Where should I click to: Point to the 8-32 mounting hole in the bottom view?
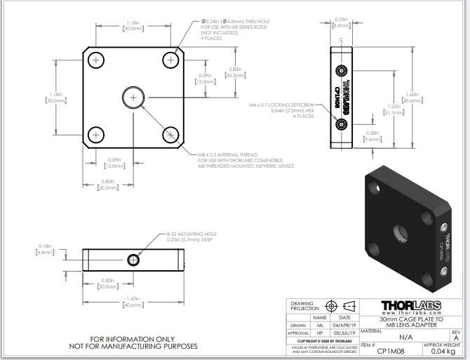pyautogui.click(x=133, y=260)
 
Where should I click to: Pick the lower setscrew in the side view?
pyautogui.click(x=342, y=124)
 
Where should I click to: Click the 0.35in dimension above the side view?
pyautogui.click(x=341, y=22)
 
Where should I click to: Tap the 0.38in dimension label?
pyautogui.click(x=372, y=136)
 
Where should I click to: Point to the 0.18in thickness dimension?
pyautogui.click(x=45, y=248)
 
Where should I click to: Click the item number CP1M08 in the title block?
pyautogui.click(x=390, y=350)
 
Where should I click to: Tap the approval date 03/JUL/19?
pyautogui.click(x=344, y=333)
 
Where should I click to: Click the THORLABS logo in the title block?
pyautogui.click(x=411, y=307)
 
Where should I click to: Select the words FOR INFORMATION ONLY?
pyautogui.click(x=133, y=338)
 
